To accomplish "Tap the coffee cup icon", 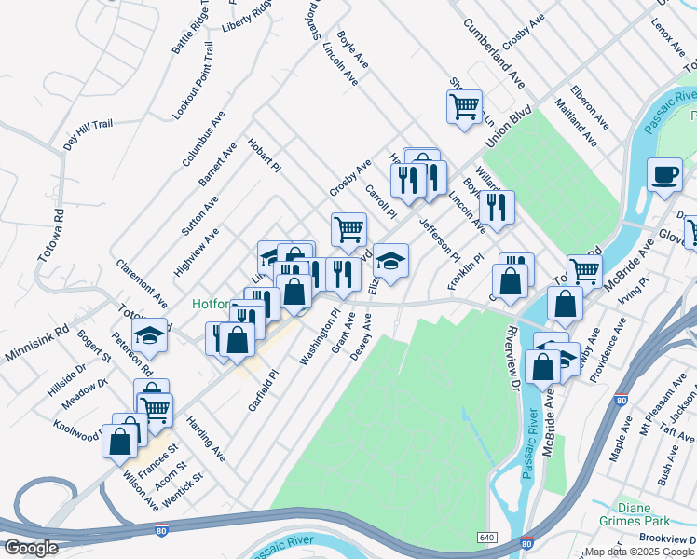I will coord(664,176).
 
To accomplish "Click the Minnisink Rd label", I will coord(34,330).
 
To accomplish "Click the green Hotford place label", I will coord(212,304).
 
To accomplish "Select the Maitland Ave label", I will coord(575,122).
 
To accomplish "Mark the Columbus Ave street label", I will coord(203,139).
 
